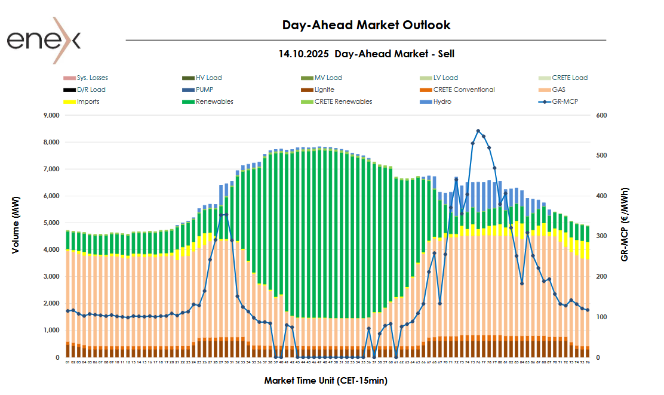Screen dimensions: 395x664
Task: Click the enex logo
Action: tap(43, 40)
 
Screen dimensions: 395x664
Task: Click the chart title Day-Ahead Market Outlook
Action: tap(366, 25)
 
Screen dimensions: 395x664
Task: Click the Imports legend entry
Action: tap(88, 101)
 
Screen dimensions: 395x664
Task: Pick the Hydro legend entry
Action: tap(442, 101)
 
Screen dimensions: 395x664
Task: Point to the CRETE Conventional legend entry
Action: tap(463, 90)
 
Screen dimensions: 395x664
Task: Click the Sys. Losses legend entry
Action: tap(92, 78)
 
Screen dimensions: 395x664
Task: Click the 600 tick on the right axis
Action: tap(601, 115)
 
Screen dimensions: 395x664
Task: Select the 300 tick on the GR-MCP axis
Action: tap(601, 236)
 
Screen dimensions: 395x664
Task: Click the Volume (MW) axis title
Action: tap(16, 224)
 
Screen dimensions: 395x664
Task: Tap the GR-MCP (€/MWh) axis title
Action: tap(625, 224)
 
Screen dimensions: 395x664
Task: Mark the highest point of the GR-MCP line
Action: tap(478, 131)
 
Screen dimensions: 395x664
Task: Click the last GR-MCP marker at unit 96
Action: tap(588, 310)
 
